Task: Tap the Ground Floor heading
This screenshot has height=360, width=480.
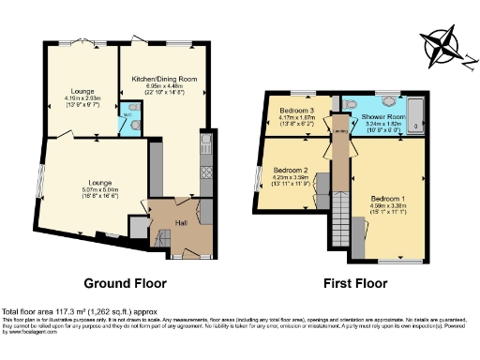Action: [125, 282]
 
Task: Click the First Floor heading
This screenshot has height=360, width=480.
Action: [355, 282]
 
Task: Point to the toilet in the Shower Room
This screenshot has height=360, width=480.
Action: [352, 105]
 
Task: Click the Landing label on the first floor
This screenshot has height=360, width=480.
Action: [339, 150]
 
